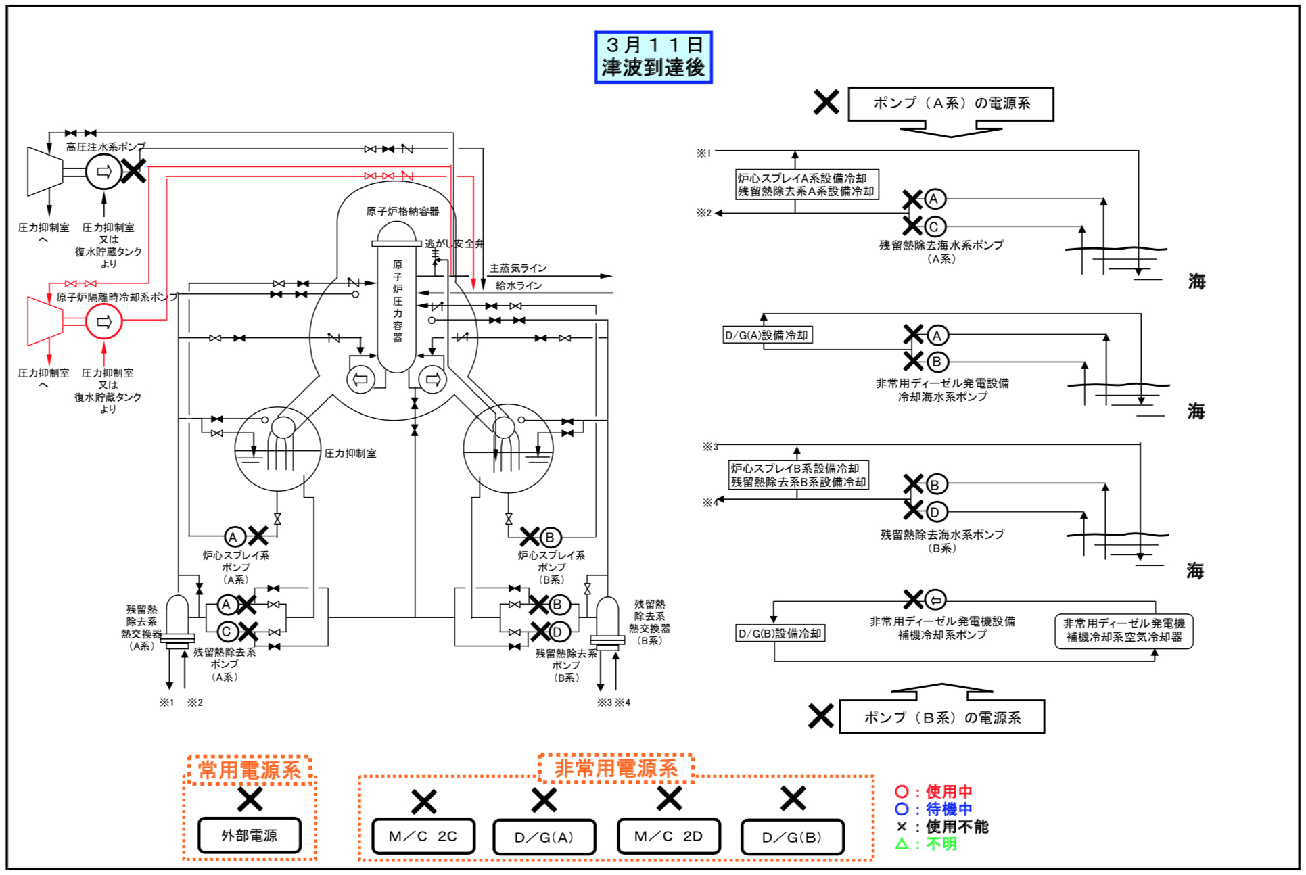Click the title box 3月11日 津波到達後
653,57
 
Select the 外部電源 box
250,835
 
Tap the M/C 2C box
423,836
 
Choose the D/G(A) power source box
544,837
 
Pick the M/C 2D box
669,836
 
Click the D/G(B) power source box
792,837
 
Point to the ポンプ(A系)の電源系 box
951,103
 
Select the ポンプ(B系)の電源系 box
942,717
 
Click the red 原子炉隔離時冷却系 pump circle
104,322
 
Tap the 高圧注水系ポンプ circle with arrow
103,172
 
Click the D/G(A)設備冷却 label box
768,335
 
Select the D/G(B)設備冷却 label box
780,634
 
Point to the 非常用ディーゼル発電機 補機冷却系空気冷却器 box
1124,630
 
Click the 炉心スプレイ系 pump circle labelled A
234,538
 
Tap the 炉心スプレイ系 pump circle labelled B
550,538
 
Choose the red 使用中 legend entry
933,791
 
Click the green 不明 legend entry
926,844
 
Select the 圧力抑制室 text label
350,453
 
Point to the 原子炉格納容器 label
402,211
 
